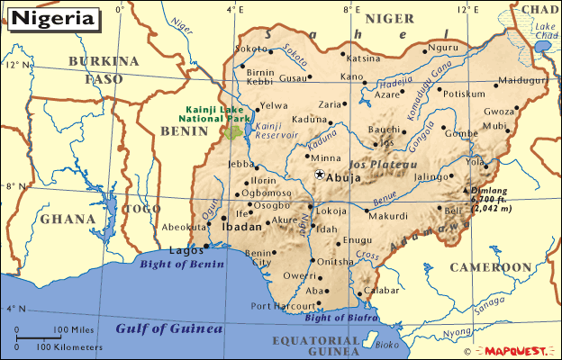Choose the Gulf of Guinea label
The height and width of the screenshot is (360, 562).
[x=168, y=328]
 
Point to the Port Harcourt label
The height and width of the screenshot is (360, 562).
[x=280, y=306]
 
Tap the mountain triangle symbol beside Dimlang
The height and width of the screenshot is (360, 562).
[x=466, y=191]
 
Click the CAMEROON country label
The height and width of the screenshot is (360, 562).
[x=491, y=267]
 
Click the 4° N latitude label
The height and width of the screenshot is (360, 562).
[x=15, y=309]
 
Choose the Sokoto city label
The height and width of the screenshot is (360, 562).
[x=250, y=49]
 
